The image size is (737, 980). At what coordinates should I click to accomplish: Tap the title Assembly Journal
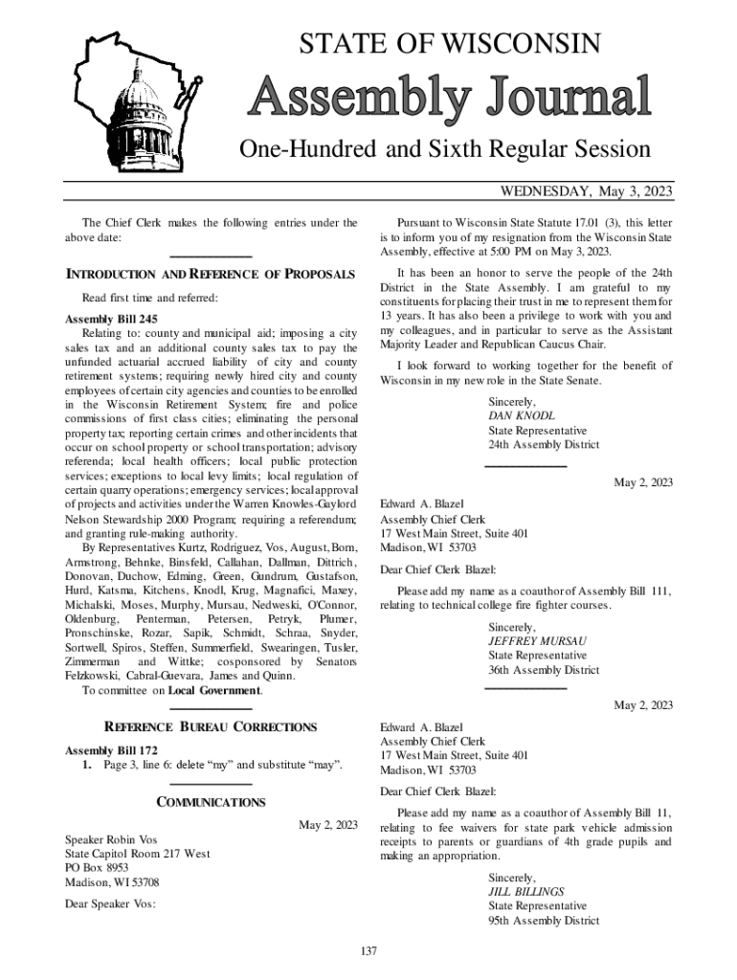(450, 98)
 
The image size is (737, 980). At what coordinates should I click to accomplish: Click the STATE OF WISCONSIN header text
(450, 43)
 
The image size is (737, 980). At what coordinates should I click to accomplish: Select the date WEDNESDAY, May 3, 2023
(587, 192)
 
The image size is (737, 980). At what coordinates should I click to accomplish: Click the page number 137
(368, 950)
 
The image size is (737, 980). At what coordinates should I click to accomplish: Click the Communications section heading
(211, 802)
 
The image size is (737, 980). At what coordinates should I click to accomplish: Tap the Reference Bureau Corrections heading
(210, 727)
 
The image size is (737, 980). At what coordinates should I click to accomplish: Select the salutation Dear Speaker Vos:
(110, 902)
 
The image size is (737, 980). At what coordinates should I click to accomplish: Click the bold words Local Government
(213, 690)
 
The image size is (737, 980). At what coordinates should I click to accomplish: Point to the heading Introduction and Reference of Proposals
(210, 276)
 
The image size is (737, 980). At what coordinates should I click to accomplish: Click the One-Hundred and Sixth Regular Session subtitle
(445, 149)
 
